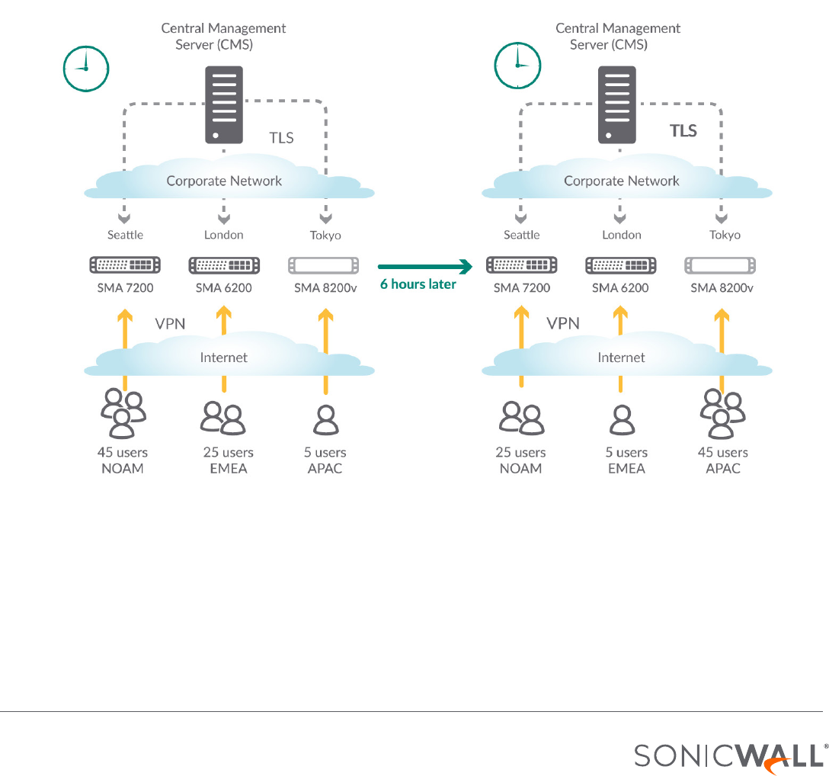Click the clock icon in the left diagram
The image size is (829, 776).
click(85, 69)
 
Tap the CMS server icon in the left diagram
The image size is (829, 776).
click(224, 104)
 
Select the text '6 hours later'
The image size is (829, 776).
click(418, 284)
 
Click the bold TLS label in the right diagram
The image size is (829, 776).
click(683, 130)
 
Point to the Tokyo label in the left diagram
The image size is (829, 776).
click(325, 235)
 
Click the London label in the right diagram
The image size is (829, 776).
click(622, 235)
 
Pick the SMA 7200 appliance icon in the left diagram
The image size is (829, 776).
click(125, 265)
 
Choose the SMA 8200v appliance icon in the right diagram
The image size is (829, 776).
click(720, 265)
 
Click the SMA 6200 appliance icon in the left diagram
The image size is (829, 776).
click(223, 265)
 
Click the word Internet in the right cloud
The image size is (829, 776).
click(621, 358)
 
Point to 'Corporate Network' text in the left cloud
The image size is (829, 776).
click(224, 181)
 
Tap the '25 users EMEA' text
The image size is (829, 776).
click(228, 460)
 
